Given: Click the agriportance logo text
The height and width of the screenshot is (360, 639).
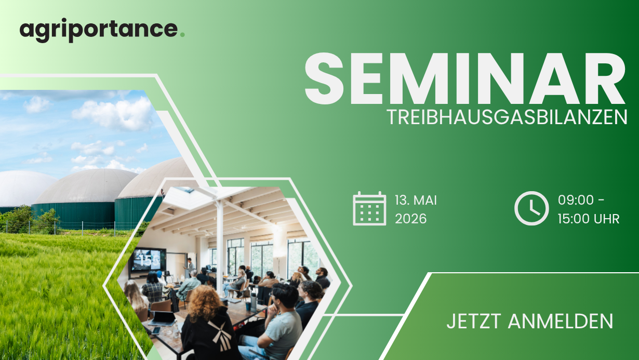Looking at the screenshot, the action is click(99, 30).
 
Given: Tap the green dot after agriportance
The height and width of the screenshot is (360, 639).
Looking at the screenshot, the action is click(182, 35).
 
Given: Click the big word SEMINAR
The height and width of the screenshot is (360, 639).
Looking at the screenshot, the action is click(465, 78).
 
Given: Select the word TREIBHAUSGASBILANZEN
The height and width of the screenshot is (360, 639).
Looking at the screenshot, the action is click(507, 117).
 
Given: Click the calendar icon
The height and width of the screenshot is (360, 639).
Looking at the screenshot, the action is click(369, 208).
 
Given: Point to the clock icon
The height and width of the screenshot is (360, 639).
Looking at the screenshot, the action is click(531, 208).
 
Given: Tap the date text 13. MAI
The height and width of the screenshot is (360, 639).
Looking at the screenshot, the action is click(416, 200).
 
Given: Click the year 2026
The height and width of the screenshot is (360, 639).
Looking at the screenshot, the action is click(410, 219).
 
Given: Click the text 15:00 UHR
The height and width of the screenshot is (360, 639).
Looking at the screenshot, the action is click(589, 219).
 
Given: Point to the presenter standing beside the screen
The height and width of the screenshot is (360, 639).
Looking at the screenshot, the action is click(190, 268).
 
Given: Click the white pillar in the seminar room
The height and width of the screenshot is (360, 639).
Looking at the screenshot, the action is click(220, 245).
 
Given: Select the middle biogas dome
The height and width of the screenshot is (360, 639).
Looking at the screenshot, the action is click(86, 185).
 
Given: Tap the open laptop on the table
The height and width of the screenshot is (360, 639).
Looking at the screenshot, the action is click(162, 318).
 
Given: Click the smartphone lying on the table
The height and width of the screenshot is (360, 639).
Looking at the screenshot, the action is click(156, 330).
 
